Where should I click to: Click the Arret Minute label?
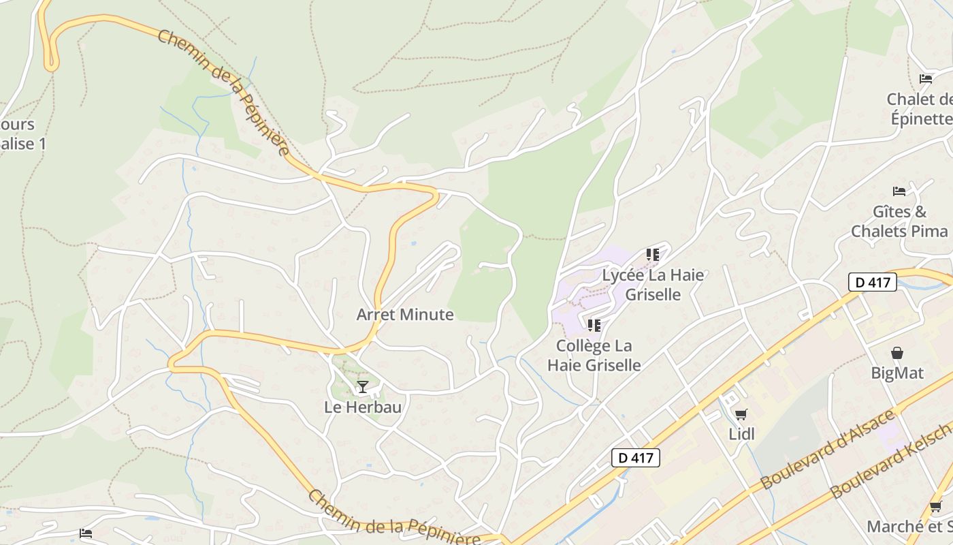(x=405, y=314)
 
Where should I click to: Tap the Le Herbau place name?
(x=362, y=407)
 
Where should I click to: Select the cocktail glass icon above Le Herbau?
(x=363, y=387)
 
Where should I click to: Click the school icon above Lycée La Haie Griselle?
(x=653, y=255)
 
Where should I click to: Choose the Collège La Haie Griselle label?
(x=594, y=355)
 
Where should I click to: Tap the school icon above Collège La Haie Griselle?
(x=594, y=326)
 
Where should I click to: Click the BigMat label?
(x=897, y=373)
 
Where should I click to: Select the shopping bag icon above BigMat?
(x=897, y=353)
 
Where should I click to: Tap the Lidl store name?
(x=741, y=434)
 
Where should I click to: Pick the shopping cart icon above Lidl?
(x=741, y=414)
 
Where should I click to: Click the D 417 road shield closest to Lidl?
(x=636, y=458)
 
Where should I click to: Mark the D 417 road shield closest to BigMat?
(x=873, y=282)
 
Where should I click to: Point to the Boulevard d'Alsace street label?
(x=827, y=450)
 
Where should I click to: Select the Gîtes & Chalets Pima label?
(x=899, y=221)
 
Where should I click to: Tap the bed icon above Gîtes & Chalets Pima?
(x=899, y=191)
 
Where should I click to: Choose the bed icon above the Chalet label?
(x=926, y=79)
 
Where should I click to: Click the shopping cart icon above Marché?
(x=936, y=506)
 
